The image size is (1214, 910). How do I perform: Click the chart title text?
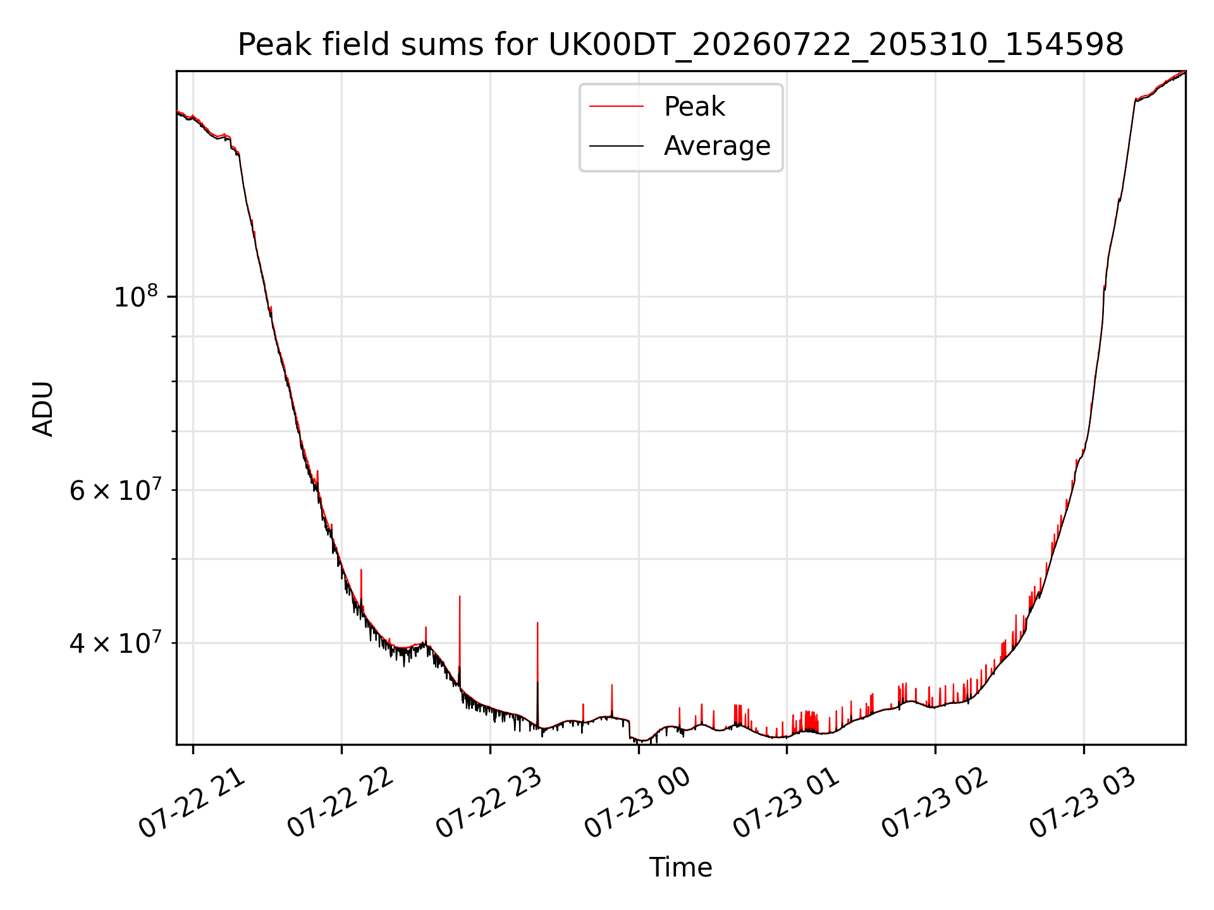680,45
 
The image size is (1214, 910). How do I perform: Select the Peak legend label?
694,107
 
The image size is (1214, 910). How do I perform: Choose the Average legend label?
717,146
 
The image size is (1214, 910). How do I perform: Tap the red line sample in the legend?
616,107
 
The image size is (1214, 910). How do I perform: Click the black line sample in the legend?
616,146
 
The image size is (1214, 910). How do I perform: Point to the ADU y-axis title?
43,408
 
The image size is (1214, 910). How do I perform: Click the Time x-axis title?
680,868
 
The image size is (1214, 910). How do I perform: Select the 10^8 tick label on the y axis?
135,296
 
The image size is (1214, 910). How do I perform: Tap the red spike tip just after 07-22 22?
361,570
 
